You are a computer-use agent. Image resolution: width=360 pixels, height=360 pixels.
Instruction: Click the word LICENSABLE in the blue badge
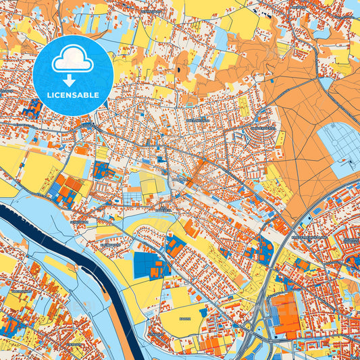(72, 95)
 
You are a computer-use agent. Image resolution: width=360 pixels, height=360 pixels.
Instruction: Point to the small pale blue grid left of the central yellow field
(132, 199)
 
